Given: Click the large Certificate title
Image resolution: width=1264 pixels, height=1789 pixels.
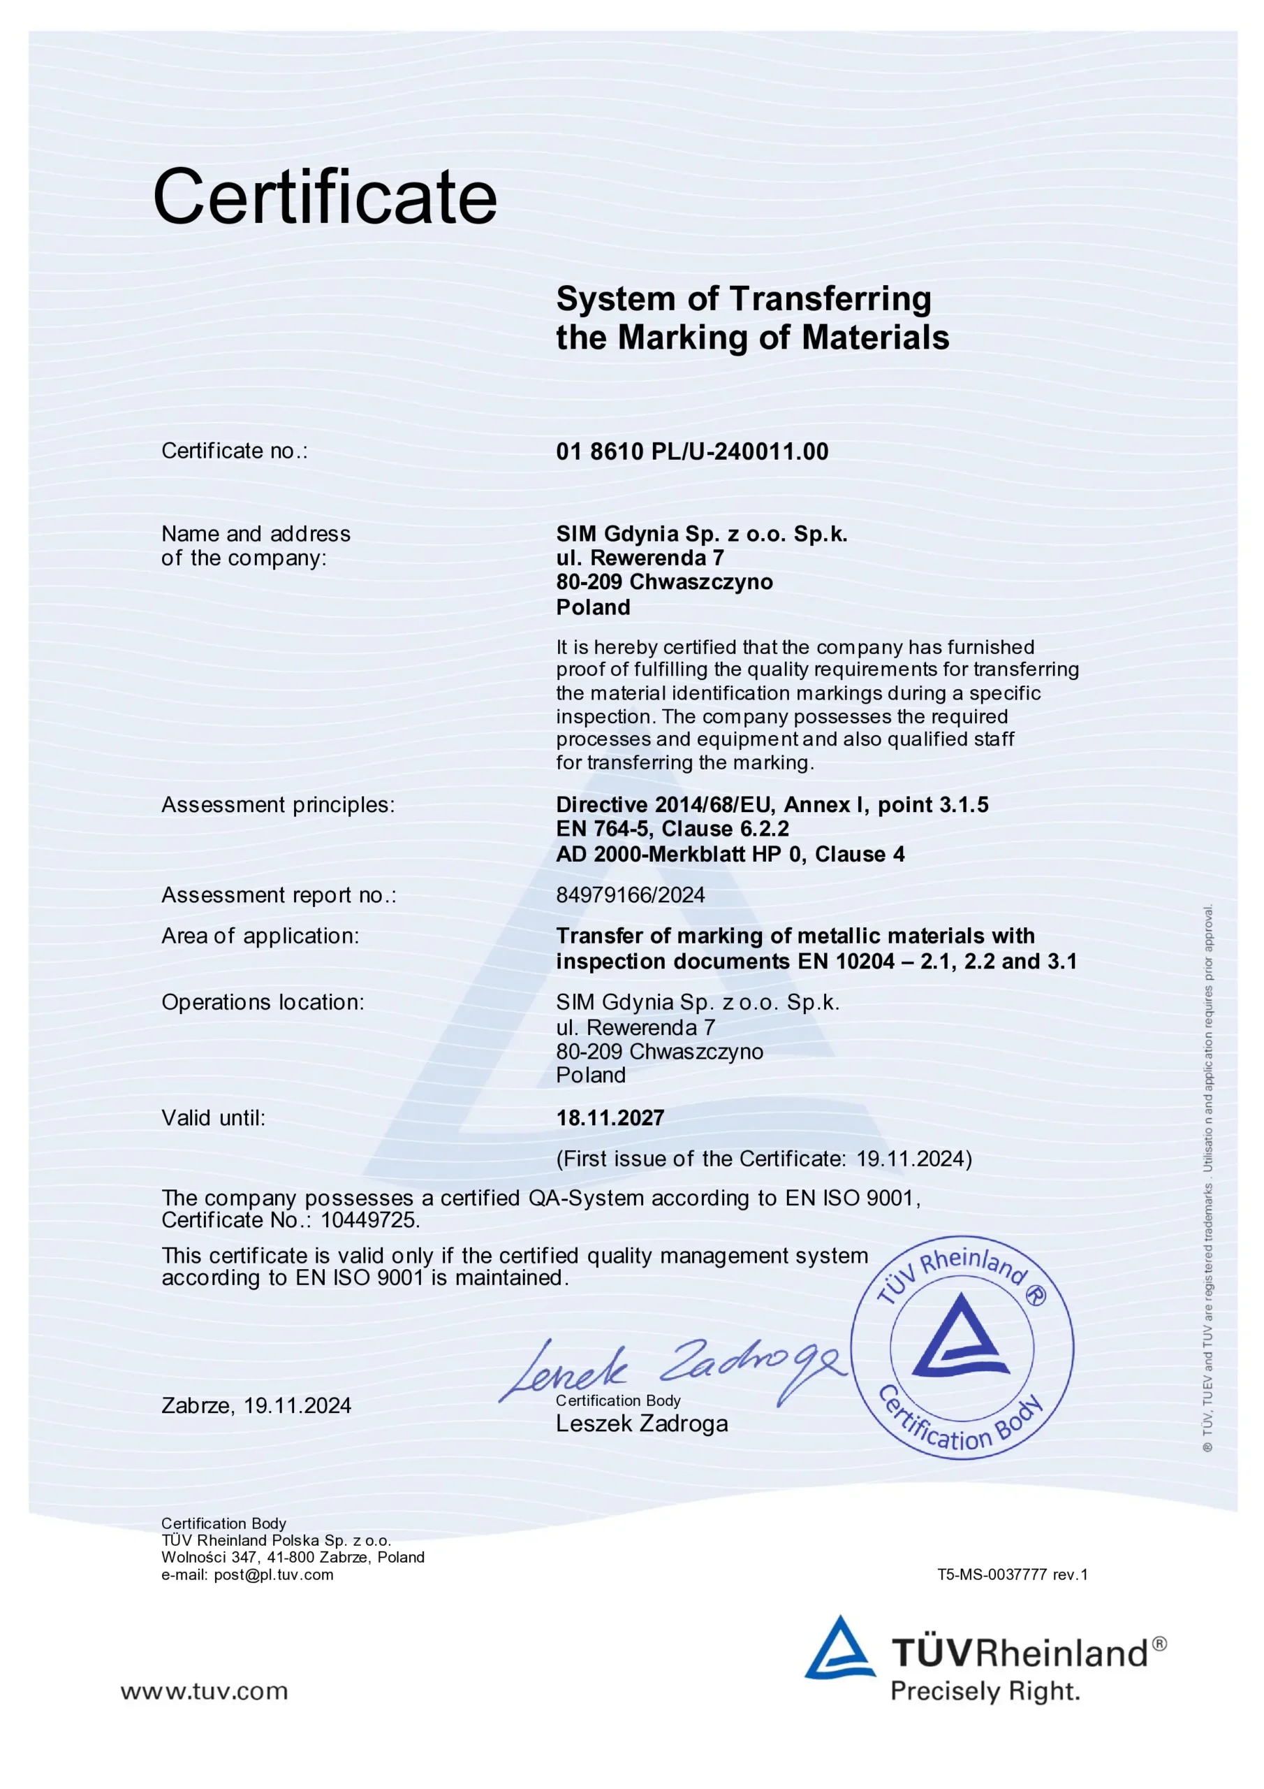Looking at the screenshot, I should point(325,196).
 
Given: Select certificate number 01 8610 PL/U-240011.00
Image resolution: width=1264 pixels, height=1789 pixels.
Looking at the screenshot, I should point(691,452).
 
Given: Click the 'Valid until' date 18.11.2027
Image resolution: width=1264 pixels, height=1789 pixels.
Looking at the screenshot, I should point(610,1117).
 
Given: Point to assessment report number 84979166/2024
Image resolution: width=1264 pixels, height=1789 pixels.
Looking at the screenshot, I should point(630,894).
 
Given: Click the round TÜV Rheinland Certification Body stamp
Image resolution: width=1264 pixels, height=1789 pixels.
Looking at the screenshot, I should point(961,1347).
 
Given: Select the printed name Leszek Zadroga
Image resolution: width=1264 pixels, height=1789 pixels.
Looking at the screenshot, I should point(642,1424).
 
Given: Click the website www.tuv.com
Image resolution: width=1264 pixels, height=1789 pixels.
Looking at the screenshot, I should point(204,1692).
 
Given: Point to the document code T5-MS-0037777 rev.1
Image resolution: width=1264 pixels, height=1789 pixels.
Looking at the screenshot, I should point(1013,1574).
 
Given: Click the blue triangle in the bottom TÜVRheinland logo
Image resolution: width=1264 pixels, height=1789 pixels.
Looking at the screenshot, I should point(839,1647).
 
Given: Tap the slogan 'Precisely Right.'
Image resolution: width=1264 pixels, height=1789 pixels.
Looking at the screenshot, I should point(985,1692).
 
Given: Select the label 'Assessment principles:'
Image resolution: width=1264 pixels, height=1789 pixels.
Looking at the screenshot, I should point(278,805).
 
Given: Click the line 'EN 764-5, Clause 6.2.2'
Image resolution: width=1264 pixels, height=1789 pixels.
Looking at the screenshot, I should point(672,829).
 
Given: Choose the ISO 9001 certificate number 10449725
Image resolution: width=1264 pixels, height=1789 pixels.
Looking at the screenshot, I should point(370,1219).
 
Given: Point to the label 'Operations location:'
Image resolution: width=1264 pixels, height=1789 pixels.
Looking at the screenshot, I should point(263,1002).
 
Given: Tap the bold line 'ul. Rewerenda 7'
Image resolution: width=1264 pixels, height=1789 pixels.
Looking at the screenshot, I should point(640,558).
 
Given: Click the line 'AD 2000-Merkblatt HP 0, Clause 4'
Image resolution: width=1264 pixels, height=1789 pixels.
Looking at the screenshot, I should point(730,854).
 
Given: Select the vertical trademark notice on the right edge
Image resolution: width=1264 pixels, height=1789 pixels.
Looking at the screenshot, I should point(1208,1177).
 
